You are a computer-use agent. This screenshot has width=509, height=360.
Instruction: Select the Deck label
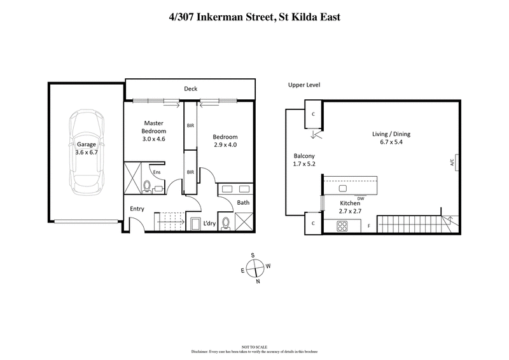pos(190,89)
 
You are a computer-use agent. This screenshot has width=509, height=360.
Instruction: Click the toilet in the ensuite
pos(146,187)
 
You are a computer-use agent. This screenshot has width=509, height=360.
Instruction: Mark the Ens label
pos(157,172)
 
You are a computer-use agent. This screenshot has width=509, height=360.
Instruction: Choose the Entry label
pos(137,209)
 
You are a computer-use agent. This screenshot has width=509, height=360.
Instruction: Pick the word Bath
pos(243,204)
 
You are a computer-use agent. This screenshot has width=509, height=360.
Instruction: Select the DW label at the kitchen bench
pos(360,198)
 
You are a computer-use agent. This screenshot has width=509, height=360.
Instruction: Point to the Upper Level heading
pos(304,85)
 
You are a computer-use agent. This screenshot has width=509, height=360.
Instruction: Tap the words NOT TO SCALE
pos(254,346)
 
